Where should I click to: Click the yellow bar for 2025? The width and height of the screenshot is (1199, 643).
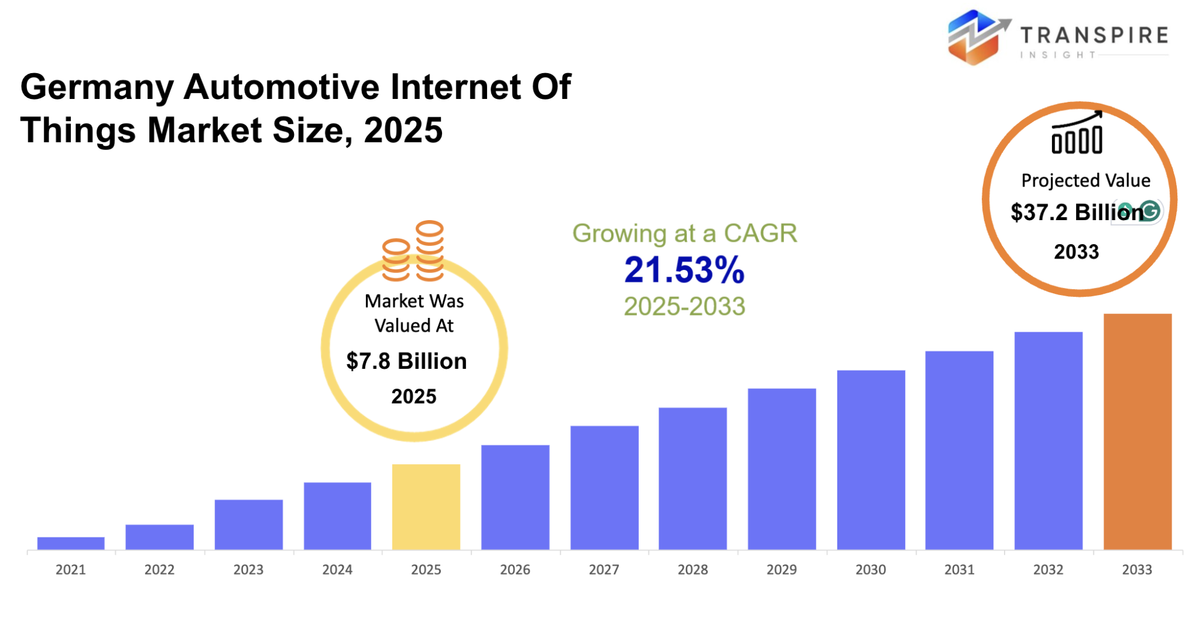click(426, 507)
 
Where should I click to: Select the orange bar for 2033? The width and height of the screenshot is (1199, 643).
click(1137, 432)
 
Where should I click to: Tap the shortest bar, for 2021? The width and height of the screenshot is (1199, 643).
click(71, 543)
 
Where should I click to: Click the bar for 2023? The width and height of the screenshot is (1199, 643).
click(248, 524)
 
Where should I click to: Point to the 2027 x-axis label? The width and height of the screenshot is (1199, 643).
click(603, 570)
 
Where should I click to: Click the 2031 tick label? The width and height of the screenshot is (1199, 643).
click(959, 570)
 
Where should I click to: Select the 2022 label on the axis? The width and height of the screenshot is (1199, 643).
click(160, 570)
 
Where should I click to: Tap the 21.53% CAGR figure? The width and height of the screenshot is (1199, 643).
click(684, 270)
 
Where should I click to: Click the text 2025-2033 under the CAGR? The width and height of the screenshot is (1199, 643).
click(684, 307)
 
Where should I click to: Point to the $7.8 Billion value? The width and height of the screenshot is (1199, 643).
click(406, 361)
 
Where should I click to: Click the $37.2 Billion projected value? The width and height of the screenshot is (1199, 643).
click(1076, 212)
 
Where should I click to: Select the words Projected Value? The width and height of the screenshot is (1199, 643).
click(1085, 181)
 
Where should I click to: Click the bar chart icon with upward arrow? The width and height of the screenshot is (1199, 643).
click(1077, 133)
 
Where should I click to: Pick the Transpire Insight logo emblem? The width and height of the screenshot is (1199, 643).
click(975, 37)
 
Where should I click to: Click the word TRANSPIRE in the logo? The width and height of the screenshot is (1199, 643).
click(1094, 35)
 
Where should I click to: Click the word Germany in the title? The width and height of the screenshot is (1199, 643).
click(97, 87)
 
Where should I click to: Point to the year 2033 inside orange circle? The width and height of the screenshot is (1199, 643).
click(1076, 252)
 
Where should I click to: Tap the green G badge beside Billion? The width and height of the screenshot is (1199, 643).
click(1150, 211)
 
